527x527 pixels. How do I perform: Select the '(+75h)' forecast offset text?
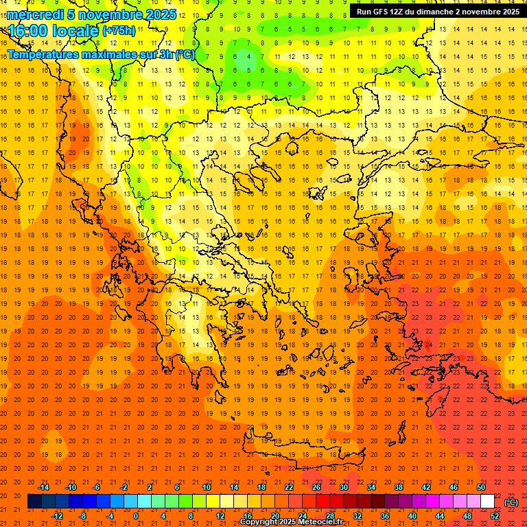119,30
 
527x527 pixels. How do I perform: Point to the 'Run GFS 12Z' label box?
437,11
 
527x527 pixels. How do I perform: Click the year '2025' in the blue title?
161,14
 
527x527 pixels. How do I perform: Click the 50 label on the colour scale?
481,487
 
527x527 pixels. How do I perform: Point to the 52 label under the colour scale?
495,516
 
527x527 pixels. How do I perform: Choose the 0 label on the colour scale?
136,516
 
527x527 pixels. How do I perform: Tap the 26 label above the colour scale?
316,487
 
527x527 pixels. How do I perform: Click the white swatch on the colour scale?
488,502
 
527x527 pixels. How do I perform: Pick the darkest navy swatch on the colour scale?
34,502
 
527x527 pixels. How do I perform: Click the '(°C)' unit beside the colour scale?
511,502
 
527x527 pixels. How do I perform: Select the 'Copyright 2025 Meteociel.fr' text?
291,522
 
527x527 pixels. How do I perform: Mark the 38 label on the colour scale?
399,487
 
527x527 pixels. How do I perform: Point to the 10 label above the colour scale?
206,487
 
